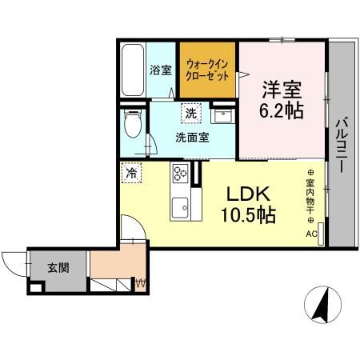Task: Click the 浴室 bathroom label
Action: pos(161,70)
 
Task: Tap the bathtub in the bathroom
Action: pos(132,70)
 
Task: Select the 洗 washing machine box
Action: pos(190,113)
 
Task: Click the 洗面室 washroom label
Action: pos(192,137)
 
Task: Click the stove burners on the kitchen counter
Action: pos(178,174)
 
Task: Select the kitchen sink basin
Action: pos(178,204)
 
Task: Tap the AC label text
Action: pos(310,234)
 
